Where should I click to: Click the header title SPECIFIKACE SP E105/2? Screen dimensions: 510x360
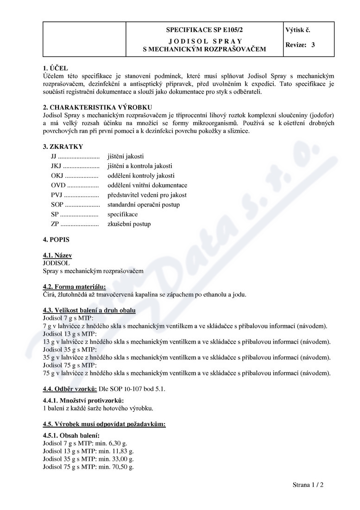tap(204, 30)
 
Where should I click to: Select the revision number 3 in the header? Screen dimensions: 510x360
tap(313, 45)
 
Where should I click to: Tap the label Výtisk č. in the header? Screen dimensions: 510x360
tap(298, 30)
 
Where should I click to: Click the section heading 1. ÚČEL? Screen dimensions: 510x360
tap(55, 68)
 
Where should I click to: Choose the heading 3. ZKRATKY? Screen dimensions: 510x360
tap(63, 147)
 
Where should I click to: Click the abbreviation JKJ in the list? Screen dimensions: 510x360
tap(56, 166)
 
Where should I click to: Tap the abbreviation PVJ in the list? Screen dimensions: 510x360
tap(57, 195)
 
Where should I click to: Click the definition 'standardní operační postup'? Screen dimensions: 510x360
tap(143, 205)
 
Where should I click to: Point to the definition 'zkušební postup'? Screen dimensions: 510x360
tap(129, 224)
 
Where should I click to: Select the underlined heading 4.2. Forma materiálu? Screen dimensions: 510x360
tap(74, 287)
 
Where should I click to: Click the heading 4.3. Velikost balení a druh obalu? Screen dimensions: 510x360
tap(89, 310)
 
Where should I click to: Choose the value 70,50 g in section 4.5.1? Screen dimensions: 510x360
tap(124, 467)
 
